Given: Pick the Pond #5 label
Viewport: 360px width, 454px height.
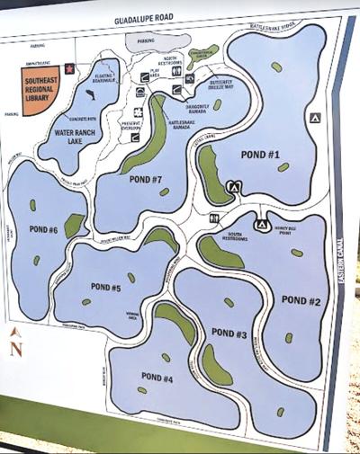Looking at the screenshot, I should pos(105,288).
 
